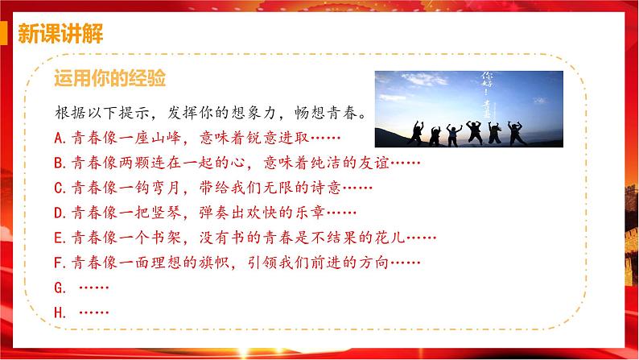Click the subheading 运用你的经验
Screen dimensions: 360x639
point(109,78)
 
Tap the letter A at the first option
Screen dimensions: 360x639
point(59,138)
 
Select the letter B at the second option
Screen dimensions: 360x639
point(59,163)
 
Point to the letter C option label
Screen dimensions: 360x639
point(59,188)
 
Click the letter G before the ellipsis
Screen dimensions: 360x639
point(59,288)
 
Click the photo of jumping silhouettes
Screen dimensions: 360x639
point(468,108)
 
